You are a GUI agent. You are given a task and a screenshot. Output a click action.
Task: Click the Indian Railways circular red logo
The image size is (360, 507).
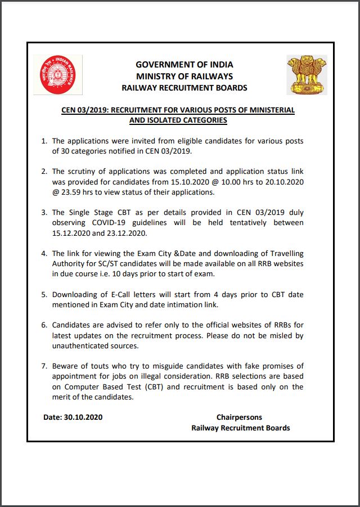[x=58, y=74]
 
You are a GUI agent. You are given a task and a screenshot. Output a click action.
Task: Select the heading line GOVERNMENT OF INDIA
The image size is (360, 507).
[x=184, y=65]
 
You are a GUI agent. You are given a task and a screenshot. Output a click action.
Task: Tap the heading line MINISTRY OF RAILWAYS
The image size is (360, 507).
[x=184, y=77]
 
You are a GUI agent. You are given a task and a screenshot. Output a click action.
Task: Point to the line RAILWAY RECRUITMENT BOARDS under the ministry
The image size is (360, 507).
[x=184, y=88]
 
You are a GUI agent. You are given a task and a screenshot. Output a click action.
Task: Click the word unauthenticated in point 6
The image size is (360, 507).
[x=80, y=346]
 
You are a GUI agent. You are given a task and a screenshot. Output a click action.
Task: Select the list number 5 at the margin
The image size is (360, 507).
[x=44, y=294]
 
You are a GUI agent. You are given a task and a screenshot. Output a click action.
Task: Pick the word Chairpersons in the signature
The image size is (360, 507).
[x=239, y=418]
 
